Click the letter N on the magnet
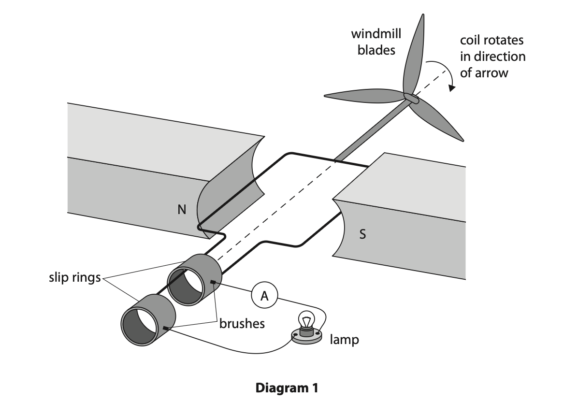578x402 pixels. point(182,210)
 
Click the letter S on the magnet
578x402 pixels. point(362,235)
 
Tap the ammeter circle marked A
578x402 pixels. point(264,296)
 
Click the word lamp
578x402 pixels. point(344,340)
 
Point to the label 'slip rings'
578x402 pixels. point(74,278)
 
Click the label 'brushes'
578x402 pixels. point(242,323)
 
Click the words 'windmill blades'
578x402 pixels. point(376,42)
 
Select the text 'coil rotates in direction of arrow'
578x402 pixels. point(492,56)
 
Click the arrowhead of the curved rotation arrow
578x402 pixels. point(452,87)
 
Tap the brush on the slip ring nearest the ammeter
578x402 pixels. point(212,282)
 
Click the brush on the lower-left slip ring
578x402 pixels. point(166,329)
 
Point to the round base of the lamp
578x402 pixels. point(306,337)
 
